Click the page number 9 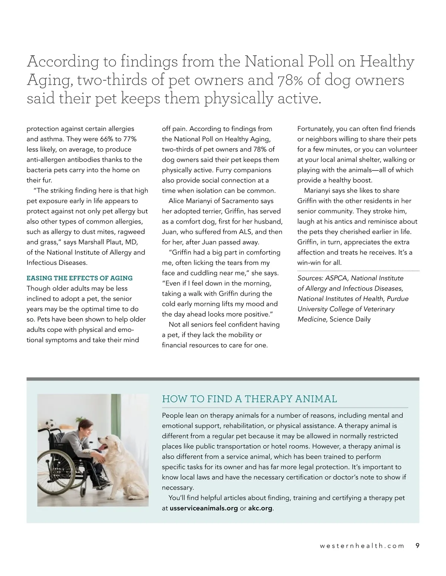click(417, 546)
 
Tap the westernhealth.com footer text click(362, 546)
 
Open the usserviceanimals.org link click(204, 508)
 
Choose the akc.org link click(260, 508)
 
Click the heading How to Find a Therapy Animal click(249, 399)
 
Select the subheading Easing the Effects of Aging click(80, 278)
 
